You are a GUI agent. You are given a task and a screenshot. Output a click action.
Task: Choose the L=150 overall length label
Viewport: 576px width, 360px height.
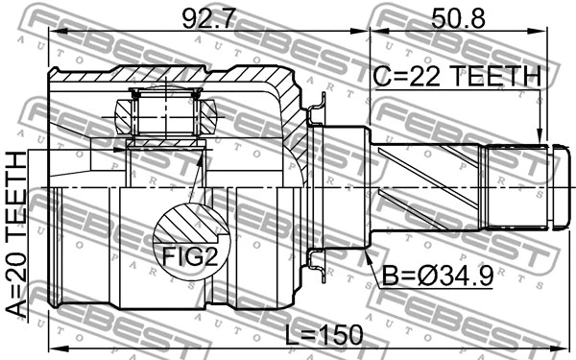(x=324, y=334)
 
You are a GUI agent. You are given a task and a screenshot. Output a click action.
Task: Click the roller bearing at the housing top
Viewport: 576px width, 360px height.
(x=164, y=111)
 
